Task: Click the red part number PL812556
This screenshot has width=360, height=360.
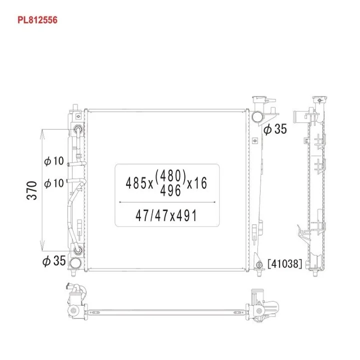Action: coord(37,20)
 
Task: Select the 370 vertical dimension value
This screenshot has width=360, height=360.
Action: coord(32,190)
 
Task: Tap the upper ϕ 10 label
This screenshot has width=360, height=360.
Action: coord(54,161)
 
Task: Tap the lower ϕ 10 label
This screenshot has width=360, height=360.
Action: coord(54,183)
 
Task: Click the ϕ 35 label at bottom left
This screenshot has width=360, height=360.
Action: coord(54,261)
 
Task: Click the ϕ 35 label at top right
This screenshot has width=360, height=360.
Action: coord(275,129)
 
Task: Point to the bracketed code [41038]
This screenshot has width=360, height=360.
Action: coord(284,264)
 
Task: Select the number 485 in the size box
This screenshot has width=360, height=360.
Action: coord(136,183)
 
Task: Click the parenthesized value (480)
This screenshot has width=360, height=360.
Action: coord(170,175)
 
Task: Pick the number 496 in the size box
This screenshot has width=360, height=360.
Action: coord(170,190)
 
